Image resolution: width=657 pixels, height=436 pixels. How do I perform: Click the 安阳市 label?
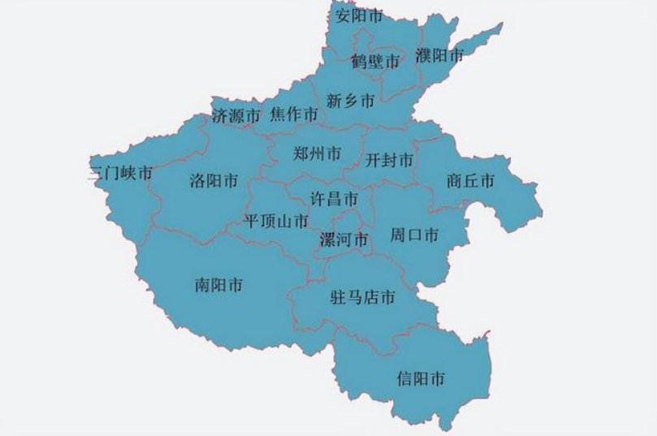(359, 15)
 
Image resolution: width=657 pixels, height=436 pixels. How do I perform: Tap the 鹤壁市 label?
(376, 61)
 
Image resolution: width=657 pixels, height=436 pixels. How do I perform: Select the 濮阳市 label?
(439, 55)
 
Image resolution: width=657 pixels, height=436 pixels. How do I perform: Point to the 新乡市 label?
(350, 101)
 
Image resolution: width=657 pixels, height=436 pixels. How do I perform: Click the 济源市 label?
(236, 115)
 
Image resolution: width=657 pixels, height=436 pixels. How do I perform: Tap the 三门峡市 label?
(121, 173)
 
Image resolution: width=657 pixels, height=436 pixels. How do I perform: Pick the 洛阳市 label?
(213, 180)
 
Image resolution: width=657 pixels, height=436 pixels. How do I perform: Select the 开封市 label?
(389, 160)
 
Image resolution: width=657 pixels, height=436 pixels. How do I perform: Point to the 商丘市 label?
(470, 181)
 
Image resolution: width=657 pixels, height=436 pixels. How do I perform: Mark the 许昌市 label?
(335, 197)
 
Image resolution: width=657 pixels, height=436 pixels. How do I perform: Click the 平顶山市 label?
(276, 220)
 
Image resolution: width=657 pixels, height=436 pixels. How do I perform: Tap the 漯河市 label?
(344, 239)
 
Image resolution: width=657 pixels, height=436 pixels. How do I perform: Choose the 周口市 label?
(414, 235)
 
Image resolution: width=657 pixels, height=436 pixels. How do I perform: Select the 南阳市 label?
(219, 285)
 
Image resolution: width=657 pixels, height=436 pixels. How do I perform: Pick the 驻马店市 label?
(362, 298)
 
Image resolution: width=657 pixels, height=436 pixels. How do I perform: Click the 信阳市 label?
(421, 378)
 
